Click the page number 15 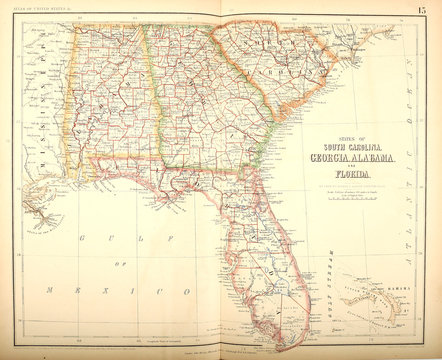[423, 10]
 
